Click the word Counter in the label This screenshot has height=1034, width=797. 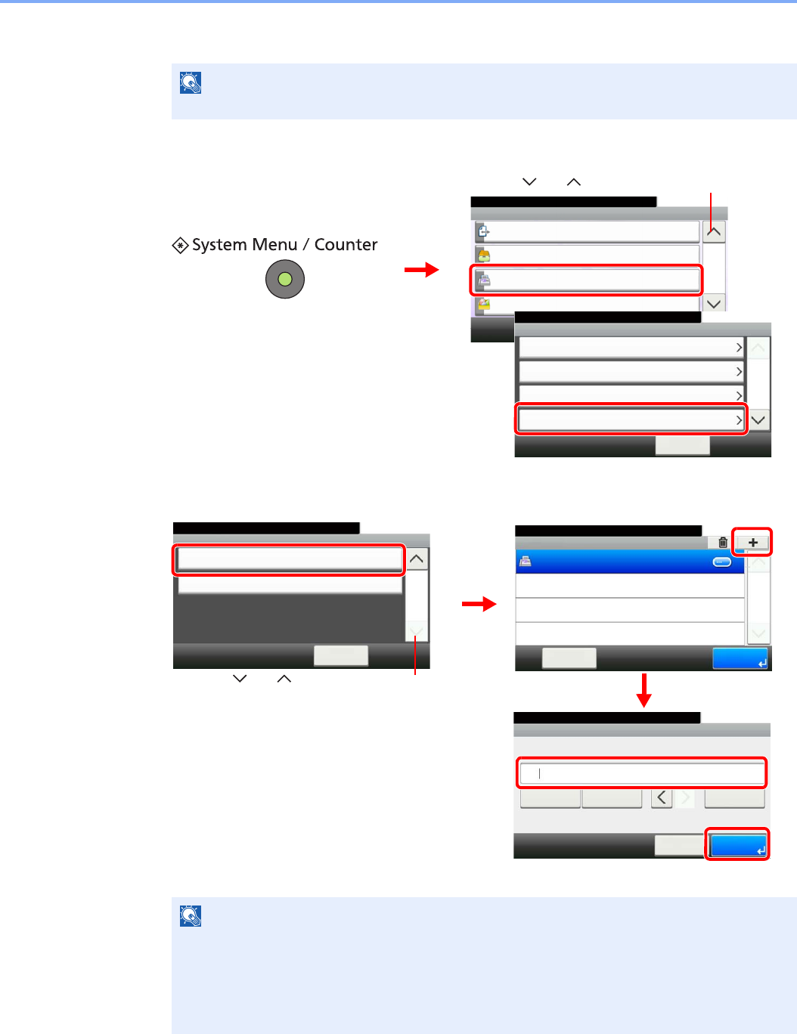[346, 245]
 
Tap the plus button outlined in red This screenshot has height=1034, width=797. [752, 542]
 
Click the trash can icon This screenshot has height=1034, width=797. [723, 542]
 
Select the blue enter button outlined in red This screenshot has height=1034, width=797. [738, 845]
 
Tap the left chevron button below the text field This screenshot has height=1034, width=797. [662, 797]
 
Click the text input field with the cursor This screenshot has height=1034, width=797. [641, 773]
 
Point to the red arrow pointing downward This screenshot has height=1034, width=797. [643, 690]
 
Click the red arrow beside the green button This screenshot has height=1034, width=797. [421, 270]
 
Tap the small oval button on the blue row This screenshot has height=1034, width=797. [722, 562]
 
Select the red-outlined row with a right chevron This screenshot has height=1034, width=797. [631, 419]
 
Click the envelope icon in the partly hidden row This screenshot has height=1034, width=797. [483, 305]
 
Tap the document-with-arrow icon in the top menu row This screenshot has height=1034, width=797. [483, 231]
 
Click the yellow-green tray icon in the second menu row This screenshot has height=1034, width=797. [483, 255]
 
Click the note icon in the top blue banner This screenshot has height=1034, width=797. [191, 82]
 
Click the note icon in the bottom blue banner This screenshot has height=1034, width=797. [191, 916]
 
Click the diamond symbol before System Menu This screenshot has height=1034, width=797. [180, 246]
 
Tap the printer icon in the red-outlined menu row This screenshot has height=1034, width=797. [484, 280]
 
